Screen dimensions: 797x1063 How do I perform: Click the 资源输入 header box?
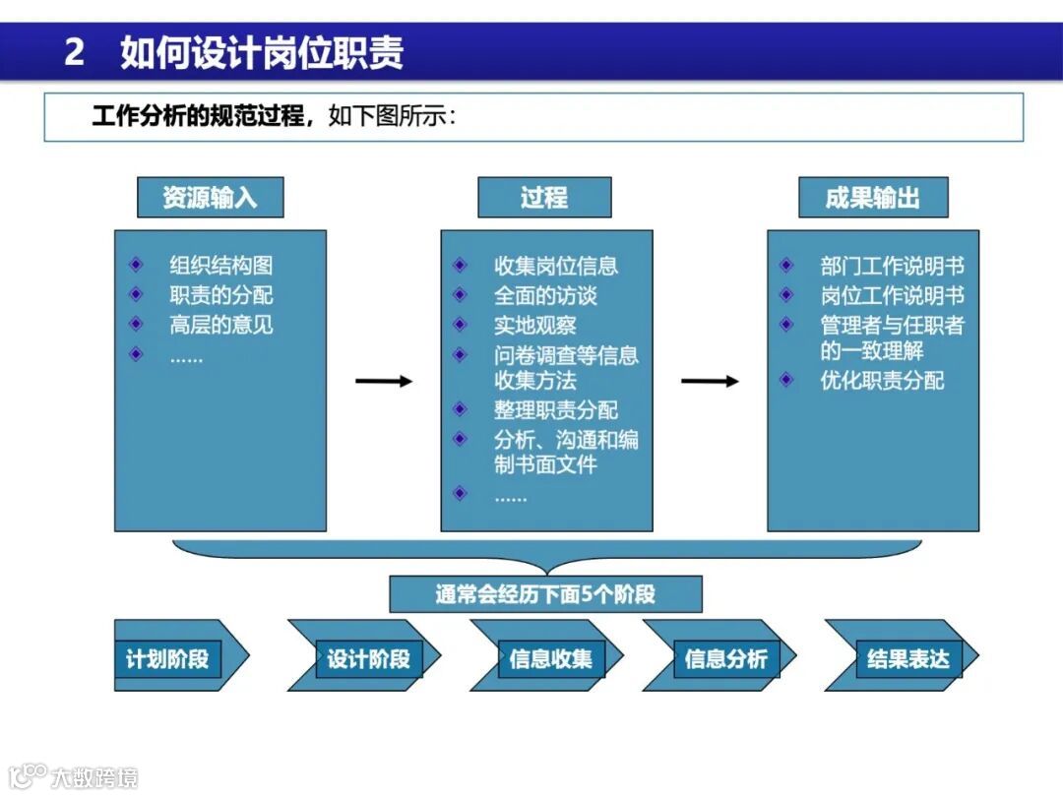(x=210, y=198)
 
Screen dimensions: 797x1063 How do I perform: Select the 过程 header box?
(x=544, y=198)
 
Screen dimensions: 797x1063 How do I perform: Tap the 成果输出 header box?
(x=873, y=198)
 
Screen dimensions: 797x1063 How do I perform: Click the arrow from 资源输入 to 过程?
(x=384, y=381)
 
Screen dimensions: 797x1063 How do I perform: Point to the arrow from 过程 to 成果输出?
(x=710, y=381)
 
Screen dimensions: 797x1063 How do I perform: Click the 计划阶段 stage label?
(x=167, y=658)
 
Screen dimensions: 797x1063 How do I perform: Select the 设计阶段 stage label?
(x=368, y=658)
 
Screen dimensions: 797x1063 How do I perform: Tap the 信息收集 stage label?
(x=551, y=658)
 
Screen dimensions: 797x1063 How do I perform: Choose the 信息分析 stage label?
(x=725, y=658)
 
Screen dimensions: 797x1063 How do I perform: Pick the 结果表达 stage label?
(x=907, y=658)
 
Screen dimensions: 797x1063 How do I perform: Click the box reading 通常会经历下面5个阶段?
(x=545, y=594)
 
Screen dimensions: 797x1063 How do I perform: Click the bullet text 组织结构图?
(x=221, y=266)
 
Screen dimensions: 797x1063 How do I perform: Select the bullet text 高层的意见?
(x=221, y=325)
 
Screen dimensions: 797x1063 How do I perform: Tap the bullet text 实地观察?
(x=535, y=325)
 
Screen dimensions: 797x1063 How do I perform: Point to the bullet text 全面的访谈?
(x=545, y=295)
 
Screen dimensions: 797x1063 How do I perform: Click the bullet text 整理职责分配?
(x=556, y=410)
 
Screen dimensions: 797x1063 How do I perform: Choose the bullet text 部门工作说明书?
(x=893, y=266)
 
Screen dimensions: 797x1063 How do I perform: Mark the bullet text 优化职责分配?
(x=883, y=381)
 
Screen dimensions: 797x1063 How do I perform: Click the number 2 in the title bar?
(x=74, y=52)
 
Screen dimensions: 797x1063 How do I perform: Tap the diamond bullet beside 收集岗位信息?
(x=460, y=266)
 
